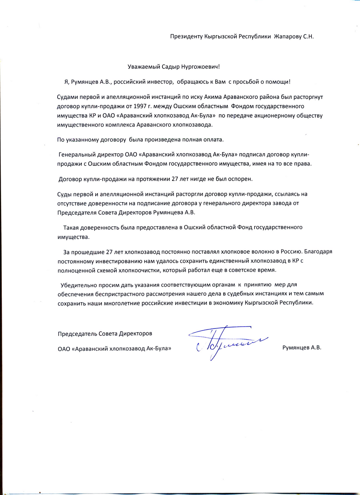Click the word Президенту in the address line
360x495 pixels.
(186, 37)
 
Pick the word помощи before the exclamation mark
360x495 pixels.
(277, 82)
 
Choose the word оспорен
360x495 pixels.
(239, 179)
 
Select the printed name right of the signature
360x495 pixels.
(302, 348)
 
